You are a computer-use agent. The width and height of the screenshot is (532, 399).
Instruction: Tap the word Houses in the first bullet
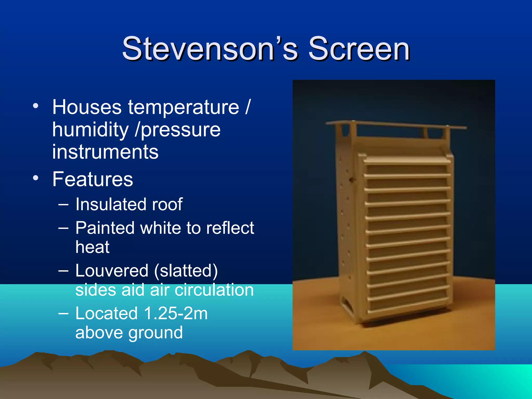[87, 107]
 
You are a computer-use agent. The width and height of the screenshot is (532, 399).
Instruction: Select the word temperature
[183, 107]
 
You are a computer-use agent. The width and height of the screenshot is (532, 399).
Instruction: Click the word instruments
[105, 152]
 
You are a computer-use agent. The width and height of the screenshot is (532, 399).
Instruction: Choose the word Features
[92, 179]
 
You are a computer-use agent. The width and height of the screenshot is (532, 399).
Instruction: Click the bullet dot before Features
[36, 178]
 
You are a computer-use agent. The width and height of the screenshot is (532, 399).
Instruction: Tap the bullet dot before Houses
[36, 106]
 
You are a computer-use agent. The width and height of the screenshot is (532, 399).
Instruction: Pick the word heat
[92, 247]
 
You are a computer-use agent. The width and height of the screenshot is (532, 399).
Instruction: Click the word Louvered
[112, 271]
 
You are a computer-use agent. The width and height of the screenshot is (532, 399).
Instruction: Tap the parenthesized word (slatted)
[186, 271]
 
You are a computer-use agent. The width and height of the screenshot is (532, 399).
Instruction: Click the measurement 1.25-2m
[175, 313]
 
